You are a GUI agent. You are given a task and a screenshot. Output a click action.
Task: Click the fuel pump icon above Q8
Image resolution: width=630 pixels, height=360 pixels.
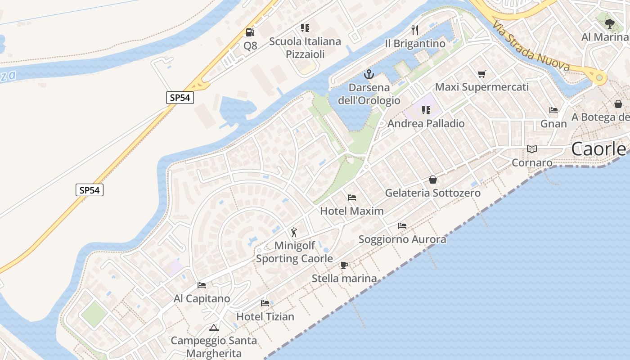[250, 32]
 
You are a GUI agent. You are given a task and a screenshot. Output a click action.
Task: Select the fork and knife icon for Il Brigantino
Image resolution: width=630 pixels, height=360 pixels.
[415, 30]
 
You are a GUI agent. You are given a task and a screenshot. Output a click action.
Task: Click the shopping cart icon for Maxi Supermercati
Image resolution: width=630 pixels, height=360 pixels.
[482, 74]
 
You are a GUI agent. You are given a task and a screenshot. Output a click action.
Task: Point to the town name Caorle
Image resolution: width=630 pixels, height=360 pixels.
[598, 149]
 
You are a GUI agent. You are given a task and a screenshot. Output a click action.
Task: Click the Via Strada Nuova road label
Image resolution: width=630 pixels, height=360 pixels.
[531, 46]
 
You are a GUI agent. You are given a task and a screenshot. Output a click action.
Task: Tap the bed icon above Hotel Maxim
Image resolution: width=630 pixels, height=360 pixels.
[352, 198]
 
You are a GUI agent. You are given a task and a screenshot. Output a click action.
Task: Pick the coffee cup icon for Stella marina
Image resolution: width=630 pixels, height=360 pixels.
[344, 265]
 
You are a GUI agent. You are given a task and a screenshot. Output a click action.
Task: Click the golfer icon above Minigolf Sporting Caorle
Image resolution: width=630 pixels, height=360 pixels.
[294, 232]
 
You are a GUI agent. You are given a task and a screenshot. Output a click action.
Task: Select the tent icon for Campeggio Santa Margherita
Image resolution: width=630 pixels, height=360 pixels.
[214, 328]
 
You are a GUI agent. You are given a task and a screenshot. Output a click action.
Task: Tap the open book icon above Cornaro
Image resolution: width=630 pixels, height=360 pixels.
[532, 149]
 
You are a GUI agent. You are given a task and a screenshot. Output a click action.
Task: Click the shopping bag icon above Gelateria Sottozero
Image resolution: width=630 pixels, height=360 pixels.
[433, 180]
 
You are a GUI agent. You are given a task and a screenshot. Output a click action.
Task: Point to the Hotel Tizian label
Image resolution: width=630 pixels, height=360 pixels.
[265, 316]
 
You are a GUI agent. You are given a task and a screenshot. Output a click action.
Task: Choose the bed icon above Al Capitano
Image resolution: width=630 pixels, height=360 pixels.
[202, 285]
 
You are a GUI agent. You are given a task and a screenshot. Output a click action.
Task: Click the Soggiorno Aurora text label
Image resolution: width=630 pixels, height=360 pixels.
[402, 239]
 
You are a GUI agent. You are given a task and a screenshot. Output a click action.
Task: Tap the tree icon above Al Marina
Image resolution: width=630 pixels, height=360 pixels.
[610, 23]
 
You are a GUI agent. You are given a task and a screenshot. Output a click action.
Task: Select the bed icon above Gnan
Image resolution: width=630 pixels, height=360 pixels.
[553, 110]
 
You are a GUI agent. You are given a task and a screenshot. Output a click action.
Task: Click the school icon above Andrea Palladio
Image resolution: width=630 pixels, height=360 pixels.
[426, 110]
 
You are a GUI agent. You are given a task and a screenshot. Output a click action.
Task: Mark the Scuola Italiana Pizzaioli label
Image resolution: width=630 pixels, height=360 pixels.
[305, 48]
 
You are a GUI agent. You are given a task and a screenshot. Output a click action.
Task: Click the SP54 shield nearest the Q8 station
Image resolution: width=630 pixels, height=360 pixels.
[180, 98]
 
